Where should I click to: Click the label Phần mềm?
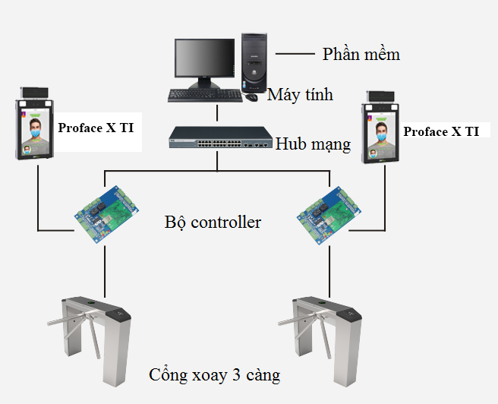pyautogui.click(x=361, y=54)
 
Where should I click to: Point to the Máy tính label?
pyautogui.click(x=300, y=95)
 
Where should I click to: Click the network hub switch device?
pyautogui.click(x=219, y=139)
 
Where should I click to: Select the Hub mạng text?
pyautogui.click(x=313, y=144)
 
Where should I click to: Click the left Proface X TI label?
pyautogui.click(x=96, y=128)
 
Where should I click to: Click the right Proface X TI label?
pyautogui.click(x=441, y=131)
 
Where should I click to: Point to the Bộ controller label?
pyautogui.click(x=213, y=222)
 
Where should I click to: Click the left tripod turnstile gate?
pyautogui.click(x=95, y=327)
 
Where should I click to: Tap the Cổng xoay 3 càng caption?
pyautogui.click(x=214, y=375)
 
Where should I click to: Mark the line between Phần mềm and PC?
pyautogui.click(x=295, y=54)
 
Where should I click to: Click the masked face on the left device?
pyautogui.click(x=33, y=128)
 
